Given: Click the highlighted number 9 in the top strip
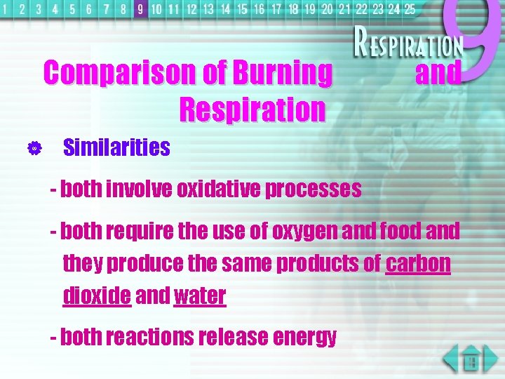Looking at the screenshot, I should click(x=140, y=9).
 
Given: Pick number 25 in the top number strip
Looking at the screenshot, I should click(x=409, y=9).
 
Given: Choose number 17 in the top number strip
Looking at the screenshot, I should click(x=276, y=9).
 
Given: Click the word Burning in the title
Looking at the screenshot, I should click(x=282, y=73).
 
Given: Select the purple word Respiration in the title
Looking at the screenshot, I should click(x=252, y=109).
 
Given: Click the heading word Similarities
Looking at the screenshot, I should click(x=116, y=147).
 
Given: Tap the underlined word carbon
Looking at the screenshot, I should click(x=418, y=263).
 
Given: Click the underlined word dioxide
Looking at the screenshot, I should click(x=97, y=295).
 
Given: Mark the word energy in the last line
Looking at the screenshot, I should click(x=305, y=338).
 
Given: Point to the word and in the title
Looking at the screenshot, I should click(x=438, y=73).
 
